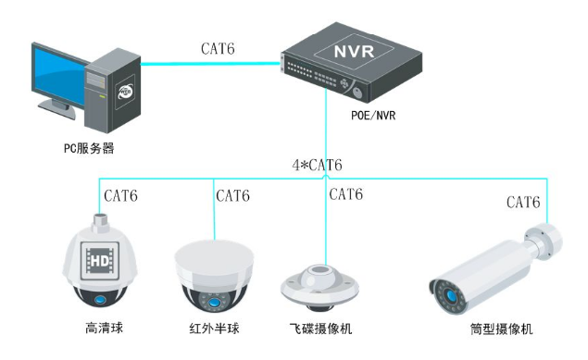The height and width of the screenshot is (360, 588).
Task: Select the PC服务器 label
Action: (89, 147)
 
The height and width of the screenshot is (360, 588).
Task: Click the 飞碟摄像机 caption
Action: (320, 329)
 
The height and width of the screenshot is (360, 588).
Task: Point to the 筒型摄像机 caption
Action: (501, 329)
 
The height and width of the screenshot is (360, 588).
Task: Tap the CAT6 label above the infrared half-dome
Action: (232, 195)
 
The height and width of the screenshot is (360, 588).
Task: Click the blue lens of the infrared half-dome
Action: (214, 302)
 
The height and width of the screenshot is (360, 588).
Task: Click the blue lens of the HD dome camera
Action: (99, 298)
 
